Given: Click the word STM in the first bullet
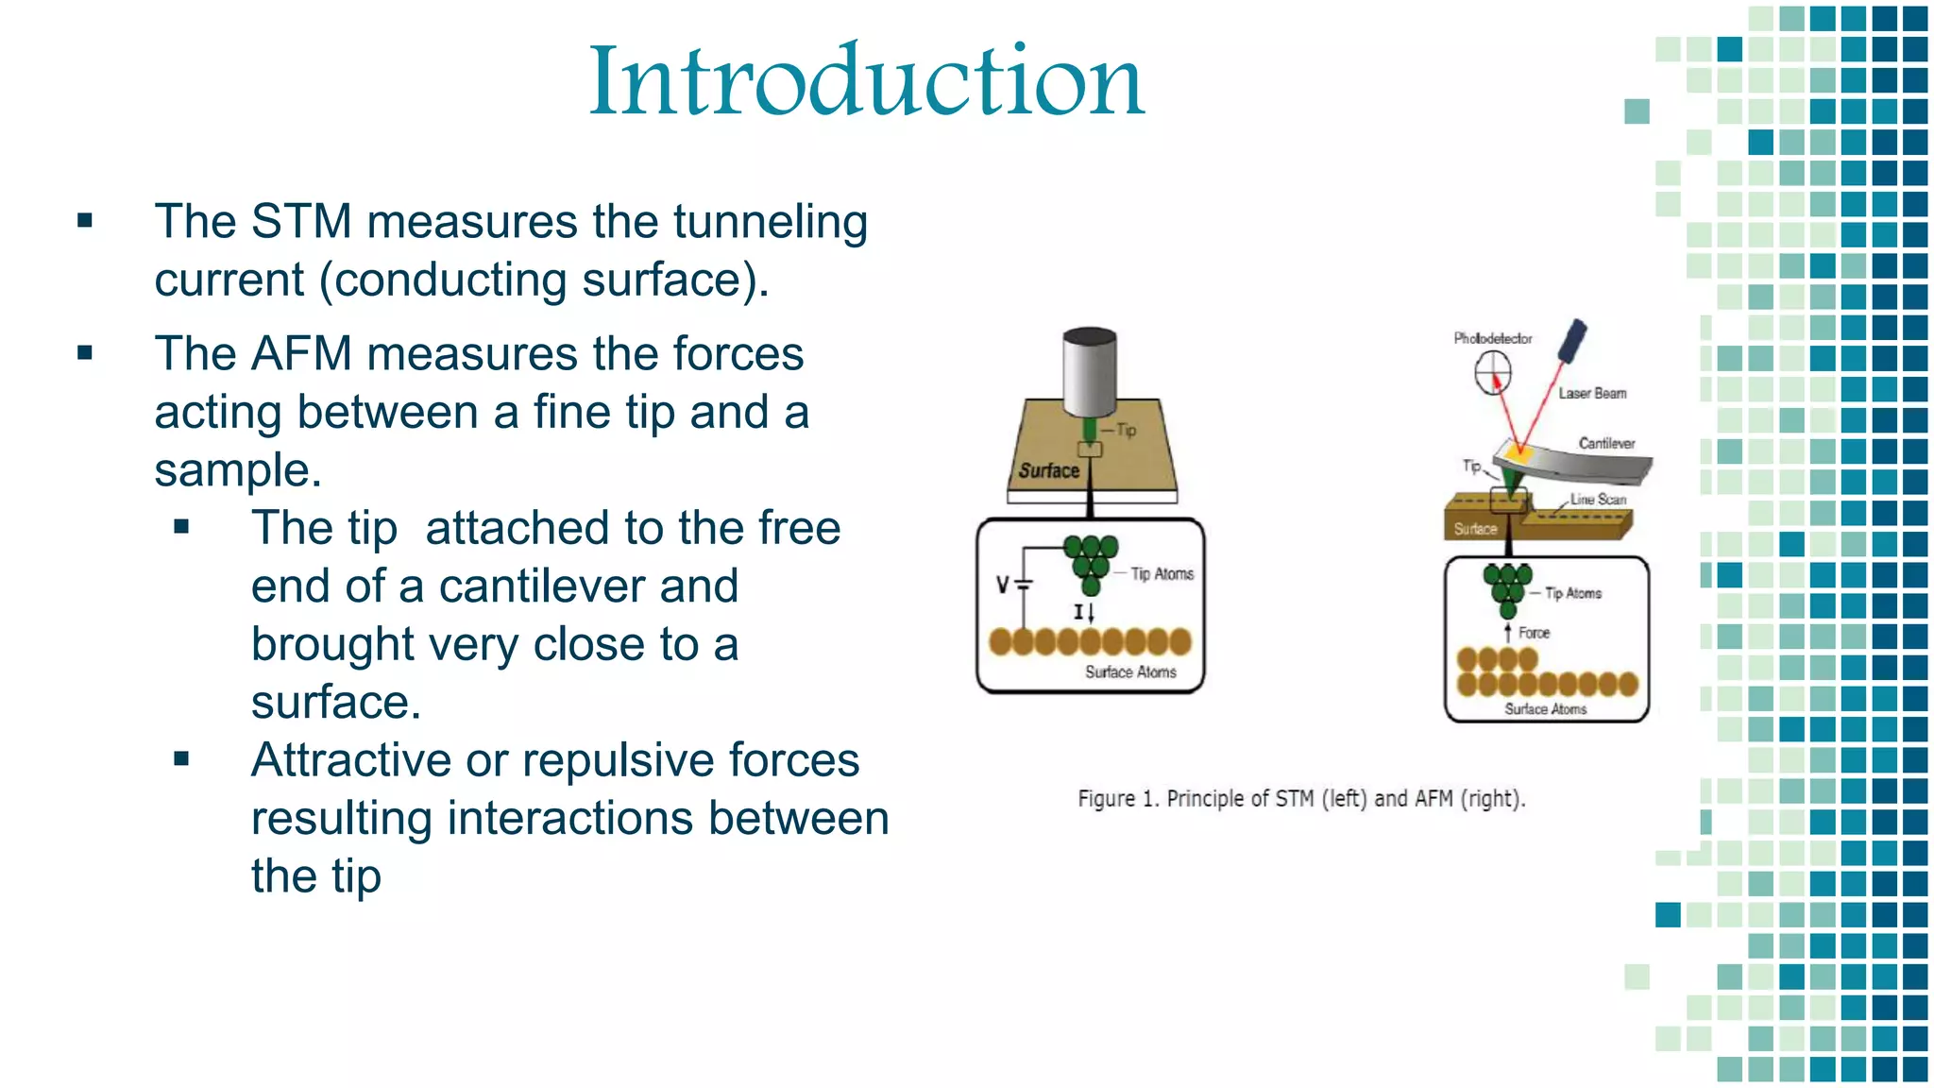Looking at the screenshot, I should [301, 222].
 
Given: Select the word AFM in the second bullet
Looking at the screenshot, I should [301, 354].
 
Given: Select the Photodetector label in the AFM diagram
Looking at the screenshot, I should [1492, 338].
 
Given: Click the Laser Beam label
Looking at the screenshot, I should [1592, 393].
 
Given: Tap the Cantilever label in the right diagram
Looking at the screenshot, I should [1606, 443].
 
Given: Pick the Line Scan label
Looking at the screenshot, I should [1598, 499].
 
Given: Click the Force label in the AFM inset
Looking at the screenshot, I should [1534, 633].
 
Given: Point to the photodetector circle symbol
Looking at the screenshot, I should [1493, 372].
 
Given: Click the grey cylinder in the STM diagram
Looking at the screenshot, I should [1090, 372].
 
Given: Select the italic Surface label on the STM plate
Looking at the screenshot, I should [1048, 470].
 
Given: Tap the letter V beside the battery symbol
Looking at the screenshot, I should [1003, 585].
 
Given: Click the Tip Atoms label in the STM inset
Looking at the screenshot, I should [1162, 574].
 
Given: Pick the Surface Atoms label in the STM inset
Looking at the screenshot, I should [1130, 671].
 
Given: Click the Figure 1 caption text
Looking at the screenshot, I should [1301, 799].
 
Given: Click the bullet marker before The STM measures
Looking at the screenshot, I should [85, 222].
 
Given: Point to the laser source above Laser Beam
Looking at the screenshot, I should [1573, 341].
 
